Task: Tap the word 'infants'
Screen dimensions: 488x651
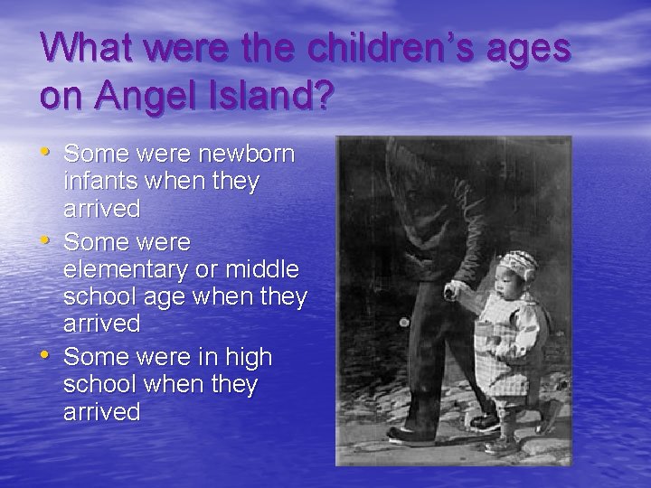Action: [x=99, y=182]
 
